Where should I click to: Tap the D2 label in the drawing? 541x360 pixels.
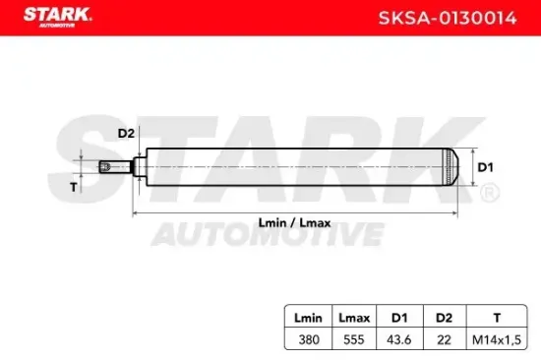pos(125,133)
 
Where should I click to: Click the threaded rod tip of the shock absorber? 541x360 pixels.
pos(103,166)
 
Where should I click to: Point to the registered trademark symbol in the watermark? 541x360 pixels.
pos(489,196)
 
